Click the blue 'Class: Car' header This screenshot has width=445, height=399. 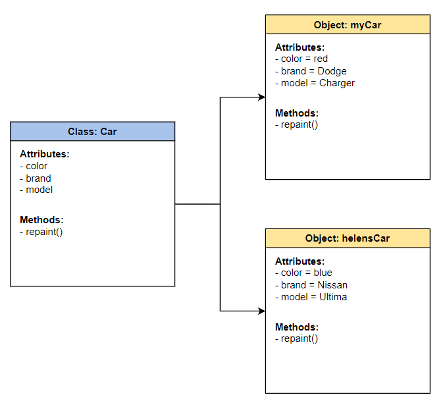click(92, 132)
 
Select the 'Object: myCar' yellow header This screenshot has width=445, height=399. click(348, 25)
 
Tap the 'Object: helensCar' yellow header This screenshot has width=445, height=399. click(348, 238)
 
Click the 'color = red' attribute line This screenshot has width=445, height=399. click(301, 59)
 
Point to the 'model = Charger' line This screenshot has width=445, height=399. click(315, 83)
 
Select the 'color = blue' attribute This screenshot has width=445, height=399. click(303, 273)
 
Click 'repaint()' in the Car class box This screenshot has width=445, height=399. click(41, 232)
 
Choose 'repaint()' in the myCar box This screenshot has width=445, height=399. click(297, 124)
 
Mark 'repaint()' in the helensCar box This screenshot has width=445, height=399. click(297, 338)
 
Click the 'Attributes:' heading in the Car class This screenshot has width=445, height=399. click(45, 154)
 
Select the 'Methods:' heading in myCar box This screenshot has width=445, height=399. click(297, 113)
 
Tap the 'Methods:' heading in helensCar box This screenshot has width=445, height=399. click(297, 327)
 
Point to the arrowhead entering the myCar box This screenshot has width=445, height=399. click(261, 97)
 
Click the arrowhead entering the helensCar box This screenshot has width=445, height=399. click(261, 311)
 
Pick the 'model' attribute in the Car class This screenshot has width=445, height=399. click(36, 190)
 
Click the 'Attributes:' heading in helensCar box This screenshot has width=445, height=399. click(300, 261)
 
